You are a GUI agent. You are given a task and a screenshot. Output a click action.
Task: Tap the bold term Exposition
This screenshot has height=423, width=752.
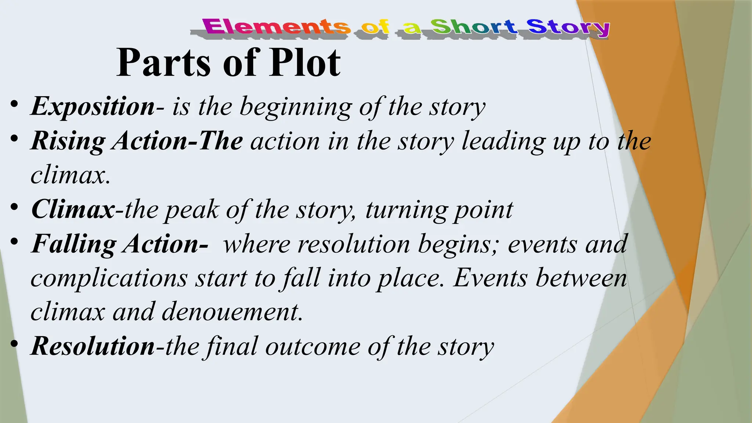point(93,107)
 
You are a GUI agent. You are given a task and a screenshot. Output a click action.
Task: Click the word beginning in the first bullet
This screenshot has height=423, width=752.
point(296,107)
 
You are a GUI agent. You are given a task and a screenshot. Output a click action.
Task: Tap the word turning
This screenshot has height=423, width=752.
point(406,210)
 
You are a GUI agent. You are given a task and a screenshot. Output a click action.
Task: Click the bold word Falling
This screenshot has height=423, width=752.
point(74,244)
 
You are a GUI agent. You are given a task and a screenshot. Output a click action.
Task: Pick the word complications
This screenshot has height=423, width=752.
point(109,278)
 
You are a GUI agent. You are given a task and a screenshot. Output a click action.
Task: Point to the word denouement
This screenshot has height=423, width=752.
point(232,312)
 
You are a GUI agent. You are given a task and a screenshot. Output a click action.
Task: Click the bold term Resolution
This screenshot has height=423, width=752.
point(93,346)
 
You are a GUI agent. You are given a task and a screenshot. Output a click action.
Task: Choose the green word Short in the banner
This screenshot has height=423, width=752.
point(474,27)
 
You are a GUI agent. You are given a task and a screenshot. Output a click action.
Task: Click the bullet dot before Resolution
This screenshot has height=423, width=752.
point(14,343)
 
